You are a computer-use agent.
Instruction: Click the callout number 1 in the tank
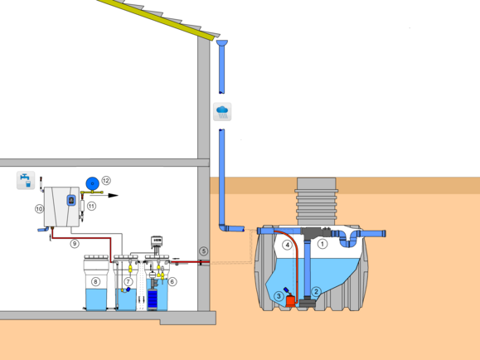point(322,244)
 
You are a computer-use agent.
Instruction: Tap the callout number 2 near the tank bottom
point(316,292)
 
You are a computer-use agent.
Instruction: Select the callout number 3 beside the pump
point(279,296)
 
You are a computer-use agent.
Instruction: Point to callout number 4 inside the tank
point(287,245)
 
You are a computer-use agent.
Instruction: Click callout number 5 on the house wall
point(204,251)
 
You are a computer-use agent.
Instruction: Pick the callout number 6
point(172,281)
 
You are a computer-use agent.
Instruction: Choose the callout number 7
point(128,281)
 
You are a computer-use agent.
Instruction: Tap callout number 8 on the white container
point(96,281)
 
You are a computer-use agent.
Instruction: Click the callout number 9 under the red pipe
point(75,244)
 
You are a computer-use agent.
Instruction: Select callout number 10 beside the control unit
point(39,209)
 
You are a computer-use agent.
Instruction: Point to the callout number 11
point(91,207)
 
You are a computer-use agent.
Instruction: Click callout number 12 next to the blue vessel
point(106,181)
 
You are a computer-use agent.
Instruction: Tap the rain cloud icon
point(222,111)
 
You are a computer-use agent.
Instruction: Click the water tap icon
point(26,180)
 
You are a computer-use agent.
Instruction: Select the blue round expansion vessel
point(93,183)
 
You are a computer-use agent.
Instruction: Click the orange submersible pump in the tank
point(290,299)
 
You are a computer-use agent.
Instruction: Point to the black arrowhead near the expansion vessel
point(113,196)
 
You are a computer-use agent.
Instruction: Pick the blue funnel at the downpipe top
point(222,42)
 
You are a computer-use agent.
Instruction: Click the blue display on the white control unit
point(71,201)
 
